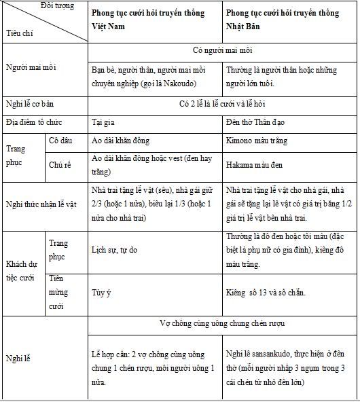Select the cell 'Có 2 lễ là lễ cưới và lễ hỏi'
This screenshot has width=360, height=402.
coord(223,103)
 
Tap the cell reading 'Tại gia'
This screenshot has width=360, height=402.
coord(103,122)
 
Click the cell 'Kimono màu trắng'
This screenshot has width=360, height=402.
coord(256,141)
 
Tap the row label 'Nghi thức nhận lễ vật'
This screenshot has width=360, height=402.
coord(45,202)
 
